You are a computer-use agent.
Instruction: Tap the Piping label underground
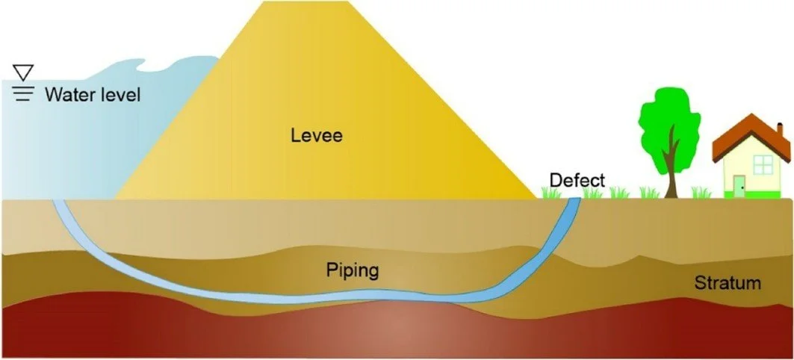pyautogui.click(x=352, y=270)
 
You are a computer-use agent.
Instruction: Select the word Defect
pyautogui.click(x=577, y=180)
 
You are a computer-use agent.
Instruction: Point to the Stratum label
pyautogui.click(x=728, y=283)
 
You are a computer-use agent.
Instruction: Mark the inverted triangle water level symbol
pyautogui.click(x=22, y=72)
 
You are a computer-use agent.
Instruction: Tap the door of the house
pyautogui.click(x=739, y=184)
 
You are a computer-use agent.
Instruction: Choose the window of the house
pyautogui.click(x=763, y=164)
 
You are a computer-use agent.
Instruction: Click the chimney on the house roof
pyautogui.click(x=780, y=131)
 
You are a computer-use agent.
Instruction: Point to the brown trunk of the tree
pyautogui.click(x=672, y=168)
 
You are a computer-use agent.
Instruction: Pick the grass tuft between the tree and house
pyautogui.click(x=701, y=193)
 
